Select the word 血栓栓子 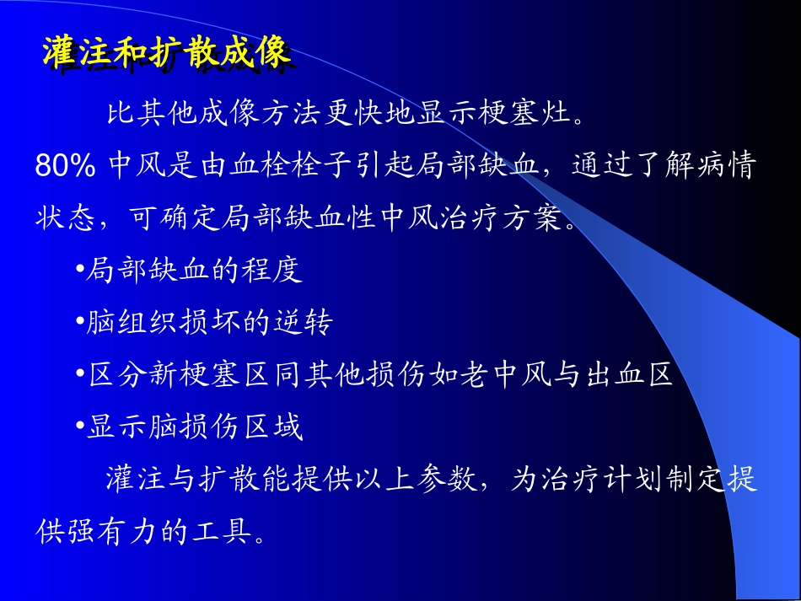point(301,166)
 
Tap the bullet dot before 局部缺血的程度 point(79,271)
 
